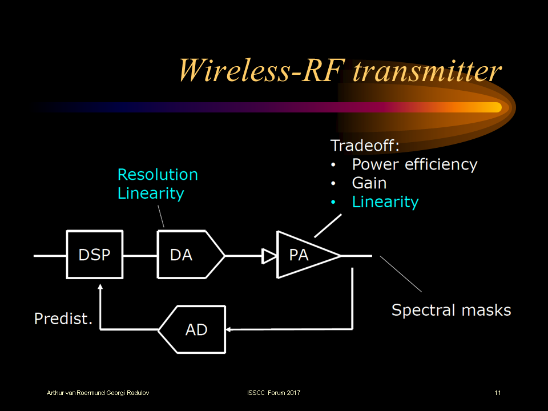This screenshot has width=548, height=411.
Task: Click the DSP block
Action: coord(94,255)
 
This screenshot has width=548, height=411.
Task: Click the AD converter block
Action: coord(194,329)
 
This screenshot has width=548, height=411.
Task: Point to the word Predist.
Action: coord(63,318)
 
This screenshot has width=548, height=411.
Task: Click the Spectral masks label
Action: coord(451,310)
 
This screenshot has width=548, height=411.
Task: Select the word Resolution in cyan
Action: coord(158,174)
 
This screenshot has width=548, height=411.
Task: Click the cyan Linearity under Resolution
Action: coord(151,193)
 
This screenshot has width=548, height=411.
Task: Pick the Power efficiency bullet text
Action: coord(414,164)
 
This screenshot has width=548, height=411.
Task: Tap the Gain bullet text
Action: coord(369,183)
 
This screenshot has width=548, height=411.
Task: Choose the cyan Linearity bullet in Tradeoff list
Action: coord(385,202)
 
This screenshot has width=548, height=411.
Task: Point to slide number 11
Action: coord(498,393)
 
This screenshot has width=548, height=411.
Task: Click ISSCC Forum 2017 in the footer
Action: coord(273,393)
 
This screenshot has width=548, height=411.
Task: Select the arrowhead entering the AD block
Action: coord(229,329)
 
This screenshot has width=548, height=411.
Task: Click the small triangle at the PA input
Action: coord(268,256)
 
